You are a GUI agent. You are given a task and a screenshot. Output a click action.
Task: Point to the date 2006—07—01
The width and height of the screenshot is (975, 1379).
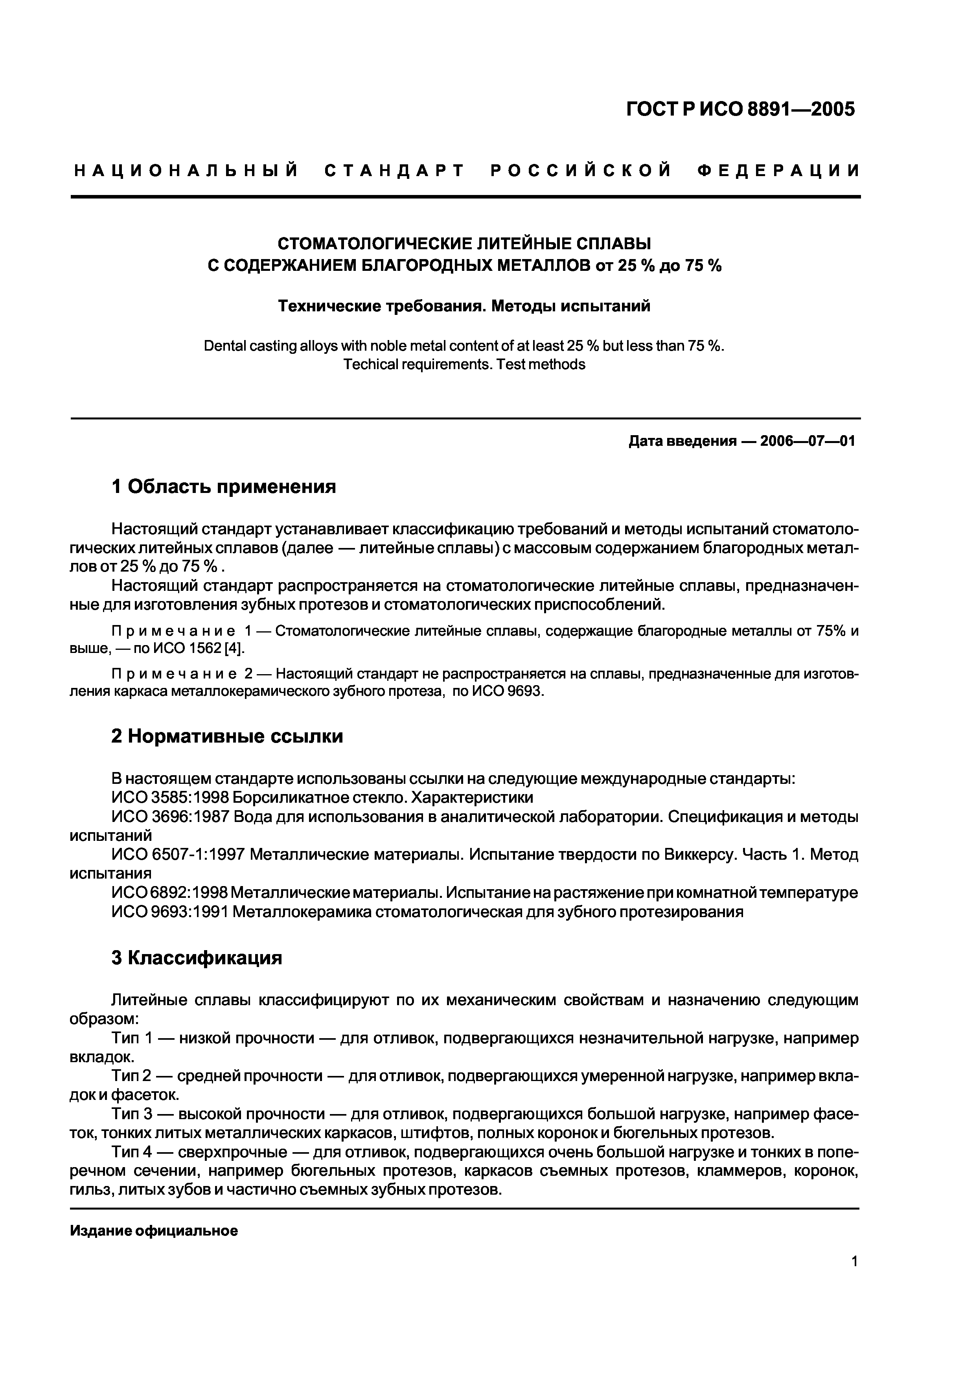pyautogui.click(x=807, y=441)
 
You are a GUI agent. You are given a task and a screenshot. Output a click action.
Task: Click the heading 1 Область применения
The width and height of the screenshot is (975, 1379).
pyautogui.click(x=223, y=487)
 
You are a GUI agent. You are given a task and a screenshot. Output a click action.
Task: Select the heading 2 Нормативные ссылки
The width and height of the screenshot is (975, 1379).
pyautogui.click(x=227, y=736)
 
